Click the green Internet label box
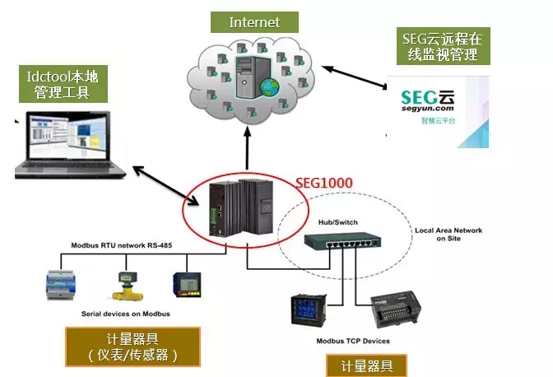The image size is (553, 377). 253,22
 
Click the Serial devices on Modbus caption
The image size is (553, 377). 125,314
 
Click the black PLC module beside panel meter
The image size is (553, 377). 388,312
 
